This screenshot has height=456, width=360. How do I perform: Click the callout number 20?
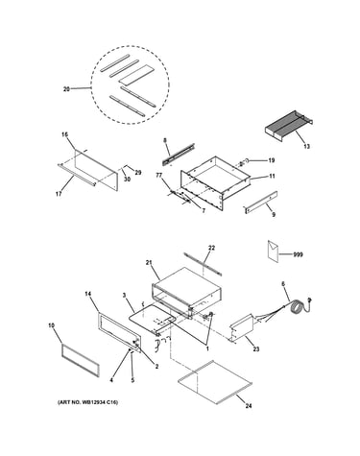66,89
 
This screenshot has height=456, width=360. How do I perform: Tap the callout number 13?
306,147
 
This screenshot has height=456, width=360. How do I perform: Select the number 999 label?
298,254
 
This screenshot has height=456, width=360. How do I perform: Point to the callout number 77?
158,175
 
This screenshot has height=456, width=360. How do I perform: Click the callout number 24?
249,406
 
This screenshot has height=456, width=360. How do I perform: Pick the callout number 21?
148,263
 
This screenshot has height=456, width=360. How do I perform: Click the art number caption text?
87,402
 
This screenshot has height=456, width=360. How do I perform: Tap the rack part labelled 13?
289,126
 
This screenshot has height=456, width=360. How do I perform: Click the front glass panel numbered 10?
80,360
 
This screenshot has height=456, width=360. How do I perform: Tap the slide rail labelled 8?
179,155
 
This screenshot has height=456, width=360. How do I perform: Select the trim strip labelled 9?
261,203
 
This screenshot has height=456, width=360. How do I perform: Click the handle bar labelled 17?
76,175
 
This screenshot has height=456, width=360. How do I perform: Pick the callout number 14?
88,294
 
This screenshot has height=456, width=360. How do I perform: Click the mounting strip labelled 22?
203,264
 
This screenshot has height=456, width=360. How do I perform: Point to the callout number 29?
137,173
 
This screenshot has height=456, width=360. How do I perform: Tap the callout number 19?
272,160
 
